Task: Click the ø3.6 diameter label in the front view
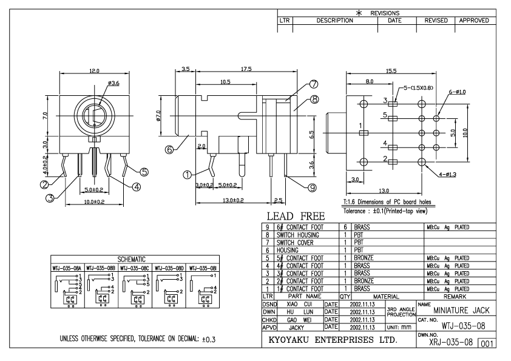(x=102, y=84)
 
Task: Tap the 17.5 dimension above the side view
(x=246, y=69)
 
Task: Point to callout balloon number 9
(x=313, y=188)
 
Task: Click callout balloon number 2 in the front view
(x=44, y=184)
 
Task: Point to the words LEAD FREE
(x=293, y=217)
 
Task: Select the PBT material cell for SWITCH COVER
(x=360, y=241)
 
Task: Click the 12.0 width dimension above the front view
(x=95, y=72)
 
